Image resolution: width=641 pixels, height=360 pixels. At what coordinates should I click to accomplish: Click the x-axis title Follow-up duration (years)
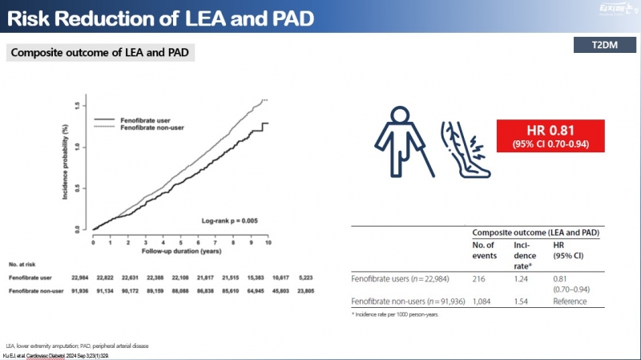pyautogui.click(x=181, y=250)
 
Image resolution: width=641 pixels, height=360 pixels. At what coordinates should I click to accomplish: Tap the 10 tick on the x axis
pyautogui.click(x=268, y=241)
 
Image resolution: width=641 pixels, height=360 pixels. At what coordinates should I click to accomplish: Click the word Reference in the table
pyautogui.click(x=570, y=301)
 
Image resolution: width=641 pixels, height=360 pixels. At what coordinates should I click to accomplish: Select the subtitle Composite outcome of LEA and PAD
pyautogui.click(x=101, y=54)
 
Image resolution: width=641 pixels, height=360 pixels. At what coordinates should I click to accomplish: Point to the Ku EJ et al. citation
pyautogui.click(x=56, y=354)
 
